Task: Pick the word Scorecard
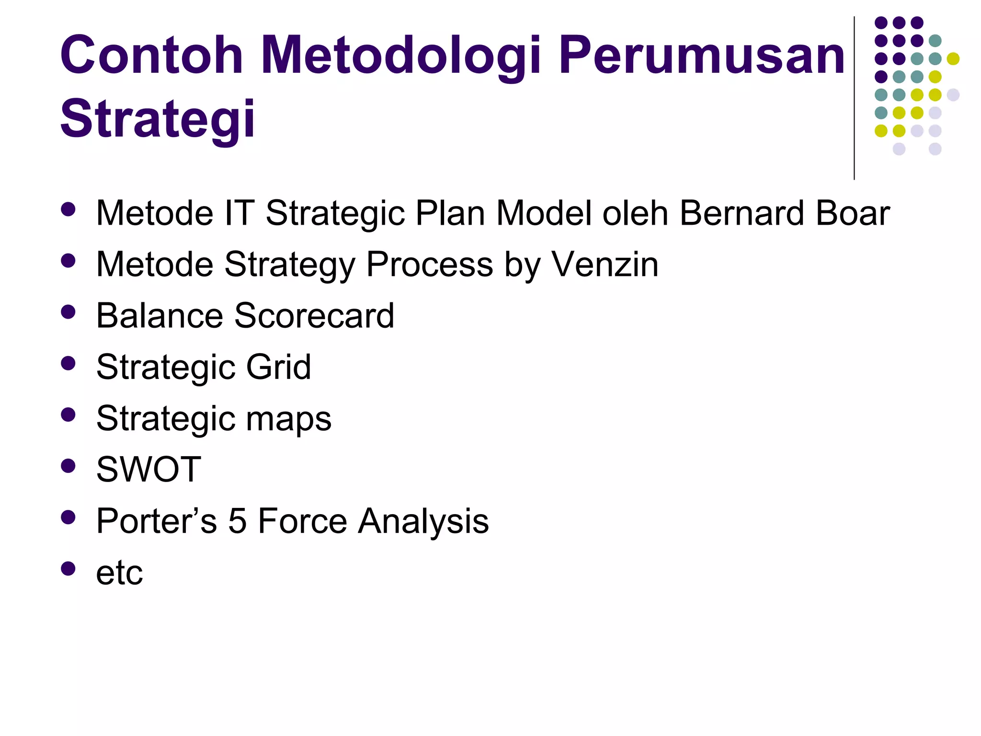coord(314,316)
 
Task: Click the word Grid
coord(278,367)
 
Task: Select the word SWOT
coord(148,470)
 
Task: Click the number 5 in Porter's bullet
coord(237,521)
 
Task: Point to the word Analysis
coord(423,521)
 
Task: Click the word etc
coord(119,573)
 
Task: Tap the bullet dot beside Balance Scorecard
coord(68,312)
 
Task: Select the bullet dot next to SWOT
coord(68,466)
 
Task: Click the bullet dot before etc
coord(68,568)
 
